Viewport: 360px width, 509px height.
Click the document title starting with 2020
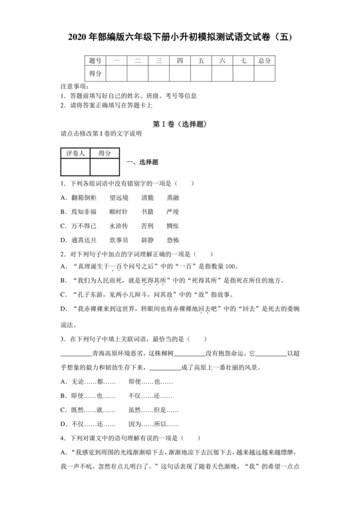pos(180,37)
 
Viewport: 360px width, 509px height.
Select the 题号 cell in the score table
pos(95,60)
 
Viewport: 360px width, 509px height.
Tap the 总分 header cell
pos(264,60)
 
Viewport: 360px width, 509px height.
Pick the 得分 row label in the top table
pos(95,74)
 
